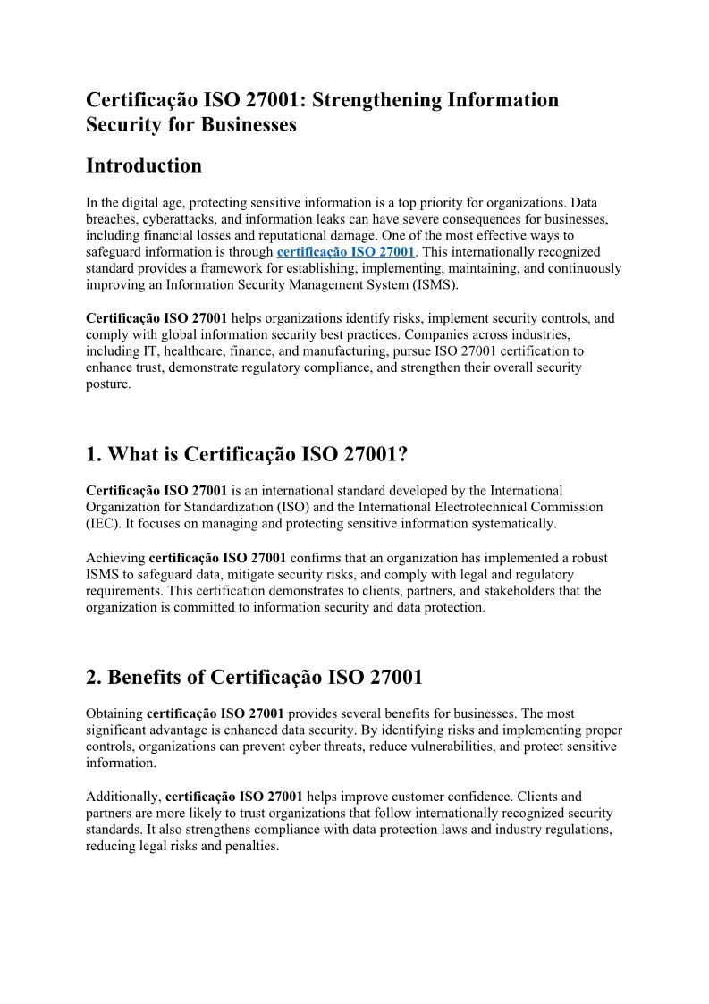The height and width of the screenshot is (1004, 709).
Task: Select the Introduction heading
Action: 144,165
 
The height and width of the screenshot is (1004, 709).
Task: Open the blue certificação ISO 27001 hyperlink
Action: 346,252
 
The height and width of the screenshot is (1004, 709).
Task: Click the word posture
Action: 106,384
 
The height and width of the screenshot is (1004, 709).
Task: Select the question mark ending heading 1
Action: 402,454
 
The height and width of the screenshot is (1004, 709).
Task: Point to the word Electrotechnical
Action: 467,507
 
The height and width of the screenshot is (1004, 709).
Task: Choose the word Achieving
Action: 115,558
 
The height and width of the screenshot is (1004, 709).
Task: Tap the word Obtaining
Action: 114,713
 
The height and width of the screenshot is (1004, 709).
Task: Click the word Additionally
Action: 123,796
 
